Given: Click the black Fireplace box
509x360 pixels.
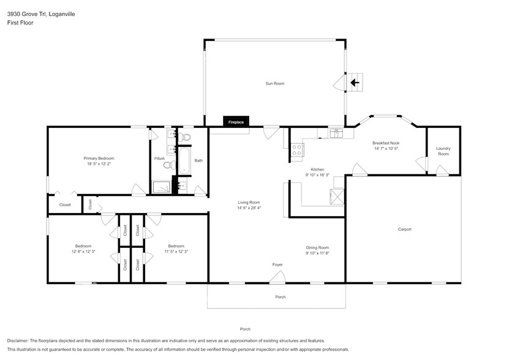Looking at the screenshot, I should coord(236,122).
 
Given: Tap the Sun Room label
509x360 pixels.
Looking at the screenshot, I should coord(274,83).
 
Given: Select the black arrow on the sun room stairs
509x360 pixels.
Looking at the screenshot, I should coord(353,82).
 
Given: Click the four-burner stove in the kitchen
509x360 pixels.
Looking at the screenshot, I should coord(297,148).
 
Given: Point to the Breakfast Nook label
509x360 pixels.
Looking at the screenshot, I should coord(386,143).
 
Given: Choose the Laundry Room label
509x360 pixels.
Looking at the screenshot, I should coord(442,151).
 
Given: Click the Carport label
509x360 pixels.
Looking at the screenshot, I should coord(404,230).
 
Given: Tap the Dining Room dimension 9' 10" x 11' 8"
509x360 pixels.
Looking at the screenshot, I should coord(317,252).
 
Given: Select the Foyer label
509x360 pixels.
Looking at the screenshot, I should coord(277,264).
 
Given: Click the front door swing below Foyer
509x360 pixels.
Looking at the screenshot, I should coord(277,278).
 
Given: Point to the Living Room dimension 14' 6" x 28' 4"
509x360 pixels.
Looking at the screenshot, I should coord(249,208).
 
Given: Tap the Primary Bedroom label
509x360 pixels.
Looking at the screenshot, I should coord(99,159).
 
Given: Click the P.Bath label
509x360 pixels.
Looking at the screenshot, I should coord(159,159).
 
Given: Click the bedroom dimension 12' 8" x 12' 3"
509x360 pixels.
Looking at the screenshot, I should coord(83,252).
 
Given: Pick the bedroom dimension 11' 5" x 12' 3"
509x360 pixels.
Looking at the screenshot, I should coord(176,252).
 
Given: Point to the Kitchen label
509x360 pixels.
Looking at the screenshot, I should coord(317,170).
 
